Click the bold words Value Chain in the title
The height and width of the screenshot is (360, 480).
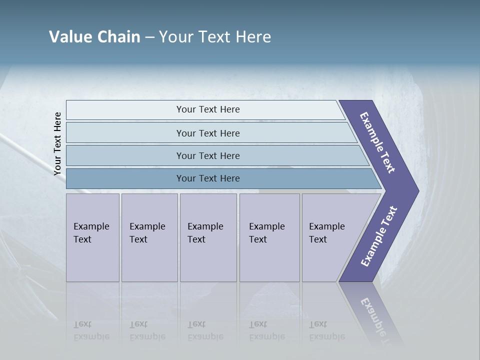coord(94,37)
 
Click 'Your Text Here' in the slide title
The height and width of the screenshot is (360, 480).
coord(215,37)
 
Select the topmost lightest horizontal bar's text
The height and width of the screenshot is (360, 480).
coord(208,109)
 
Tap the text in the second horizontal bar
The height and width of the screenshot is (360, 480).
coord(208,133)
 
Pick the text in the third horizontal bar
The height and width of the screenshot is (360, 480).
coord(208,156)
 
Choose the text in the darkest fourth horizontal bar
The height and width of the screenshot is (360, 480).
coord(208,178)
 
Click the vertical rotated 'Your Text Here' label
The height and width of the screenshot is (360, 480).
coord(57,143)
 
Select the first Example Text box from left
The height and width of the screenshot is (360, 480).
coord(91,233)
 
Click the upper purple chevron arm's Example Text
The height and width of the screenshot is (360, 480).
coord(377,142)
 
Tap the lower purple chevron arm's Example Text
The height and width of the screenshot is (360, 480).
coord(379,236)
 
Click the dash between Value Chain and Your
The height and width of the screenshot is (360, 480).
coord(149,37)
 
